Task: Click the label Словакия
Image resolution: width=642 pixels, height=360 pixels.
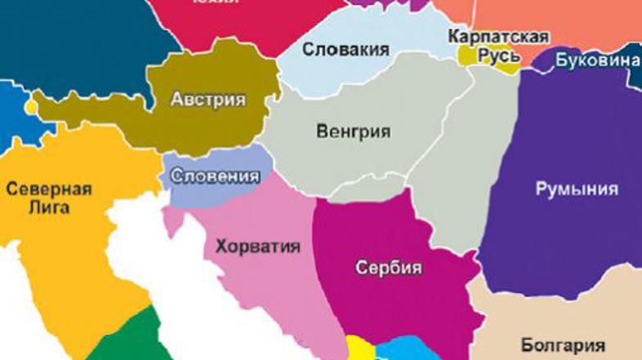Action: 345,50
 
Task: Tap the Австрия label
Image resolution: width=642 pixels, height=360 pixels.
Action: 207,100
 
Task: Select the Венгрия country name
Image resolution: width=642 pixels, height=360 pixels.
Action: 353,131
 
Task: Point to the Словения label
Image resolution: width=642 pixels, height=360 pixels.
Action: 215,176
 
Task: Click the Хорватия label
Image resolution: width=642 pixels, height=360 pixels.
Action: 257,247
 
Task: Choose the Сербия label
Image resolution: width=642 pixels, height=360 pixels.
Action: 389,268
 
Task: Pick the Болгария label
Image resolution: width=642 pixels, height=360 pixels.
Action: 563,344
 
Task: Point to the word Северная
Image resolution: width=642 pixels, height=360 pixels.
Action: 49,189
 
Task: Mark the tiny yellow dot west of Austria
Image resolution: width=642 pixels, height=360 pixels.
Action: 31,107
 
